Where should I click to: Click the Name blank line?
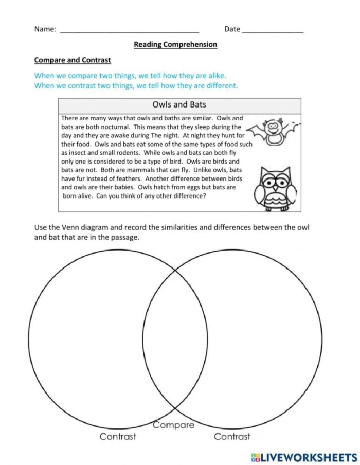tap(130, 31)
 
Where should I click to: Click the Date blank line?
tap(272, 31)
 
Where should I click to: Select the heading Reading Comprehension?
tap(175, 45)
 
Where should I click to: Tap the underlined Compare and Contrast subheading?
tap(73, 60)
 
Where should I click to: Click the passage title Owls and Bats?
tap(179, 104)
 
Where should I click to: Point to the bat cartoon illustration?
tap(273, 133)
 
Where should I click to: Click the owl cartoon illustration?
tap(276, 188)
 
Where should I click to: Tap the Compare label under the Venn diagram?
tap(174, 425)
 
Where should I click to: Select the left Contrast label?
tap(118, 437)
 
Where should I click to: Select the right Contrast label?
tap(232, 437)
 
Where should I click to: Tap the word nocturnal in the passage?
tap(110, 127)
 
